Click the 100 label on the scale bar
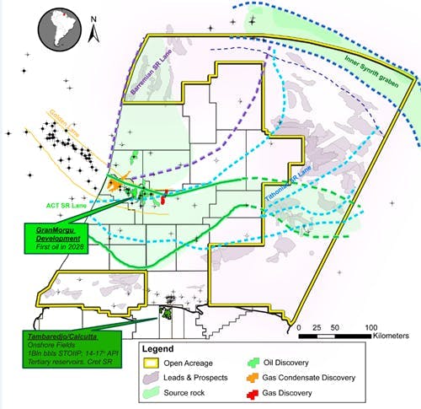(x=370, y=326)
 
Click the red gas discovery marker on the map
(x=164, y=197)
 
